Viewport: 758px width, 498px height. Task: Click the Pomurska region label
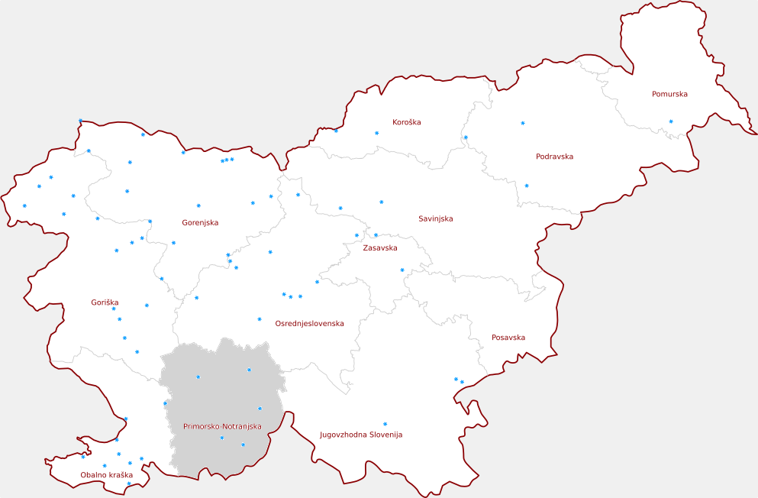(669, 95)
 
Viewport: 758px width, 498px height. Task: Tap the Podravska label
(554, 157)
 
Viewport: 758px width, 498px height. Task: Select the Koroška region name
(406, 122)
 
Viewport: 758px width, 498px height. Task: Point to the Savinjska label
(435, 219)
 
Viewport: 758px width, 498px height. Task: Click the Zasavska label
(379, 248)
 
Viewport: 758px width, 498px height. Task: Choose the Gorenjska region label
(200, 223)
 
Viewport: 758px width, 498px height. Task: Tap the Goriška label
(105, 303)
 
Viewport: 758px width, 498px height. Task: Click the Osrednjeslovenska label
(309, 324)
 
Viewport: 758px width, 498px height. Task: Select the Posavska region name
(508, 338)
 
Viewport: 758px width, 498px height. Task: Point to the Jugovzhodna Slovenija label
(360, 435)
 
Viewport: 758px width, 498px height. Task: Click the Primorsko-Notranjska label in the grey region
(222, 426)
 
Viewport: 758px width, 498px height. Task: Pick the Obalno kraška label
(107, 475)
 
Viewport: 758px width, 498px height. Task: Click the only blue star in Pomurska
(671, 121)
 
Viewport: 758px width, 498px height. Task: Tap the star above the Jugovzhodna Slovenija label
(385, 424)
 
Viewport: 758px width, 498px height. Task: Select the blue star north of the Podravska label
(523, 123)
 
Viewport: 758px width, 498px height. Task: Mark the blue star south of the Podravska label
(527, 186)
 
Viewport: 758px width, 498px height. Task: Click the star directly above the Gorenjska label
(198, 205)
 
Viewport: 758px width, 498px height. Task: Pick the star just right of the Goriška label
(147, 306)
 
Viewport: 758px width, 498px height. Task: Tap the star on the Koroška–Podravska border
(466, 137)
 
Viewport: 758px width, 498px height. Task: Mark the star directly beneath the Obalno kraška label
(128, 483)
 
